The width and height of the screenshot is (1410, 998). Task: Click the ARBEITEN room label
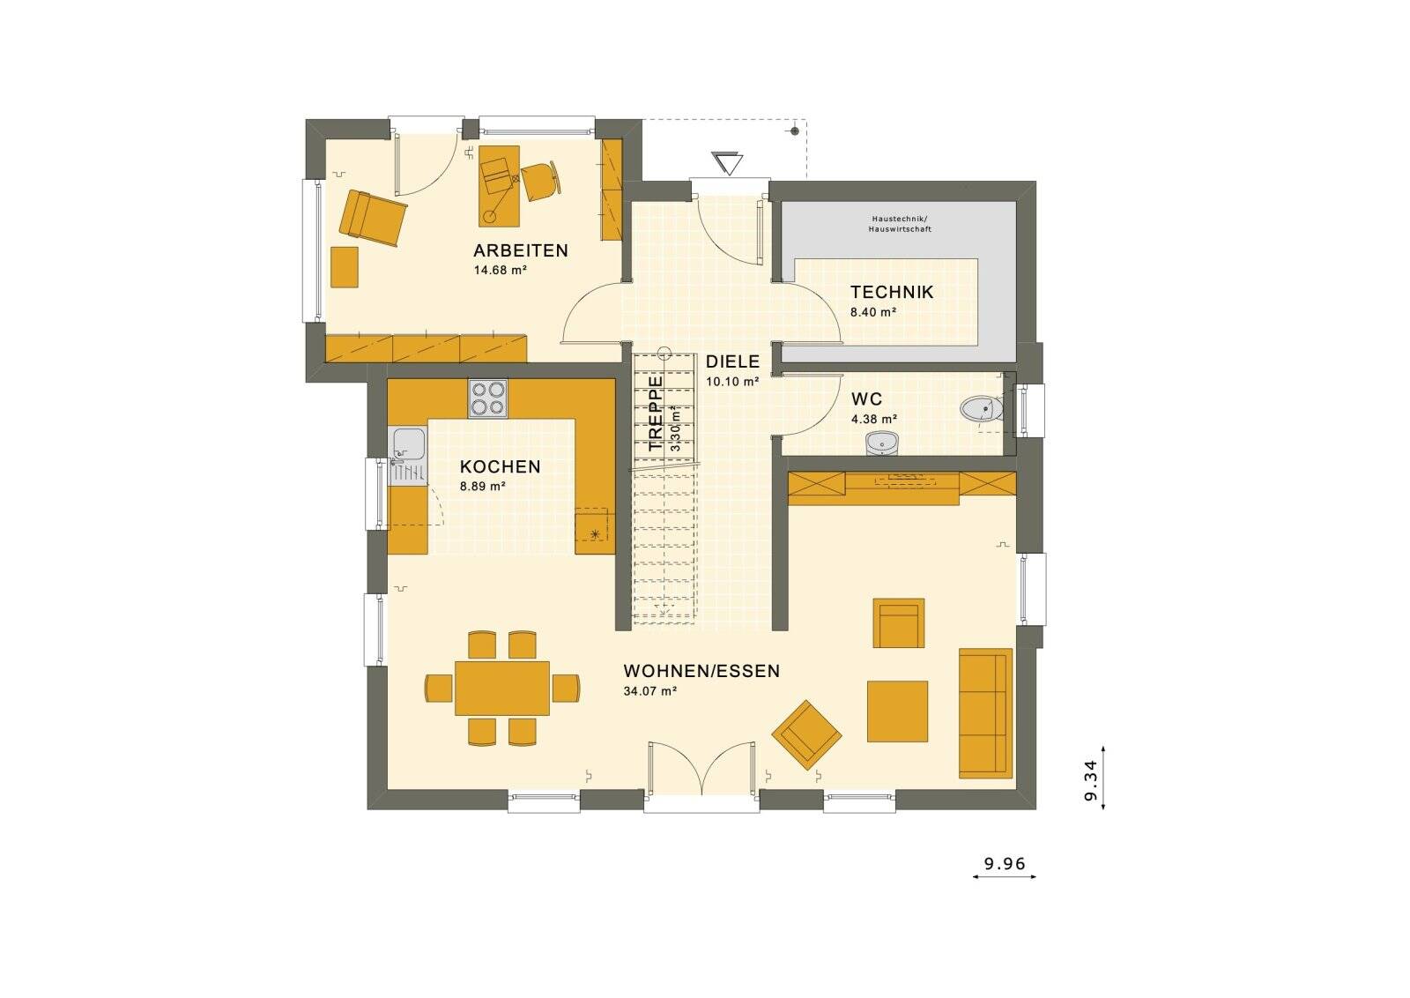coord(521,250)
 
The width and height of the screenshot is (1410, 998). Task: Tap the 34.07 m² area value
coord(649,692)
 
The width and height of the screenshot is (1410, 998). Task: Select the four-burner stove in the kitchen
coord(487,398)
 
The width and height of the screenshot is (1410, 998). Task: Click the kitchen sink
coord(407,444)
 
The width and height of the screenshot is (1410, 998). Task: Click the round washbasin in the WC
coord(881,443)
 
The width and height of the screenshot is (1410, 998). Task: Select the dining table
coord(502,688)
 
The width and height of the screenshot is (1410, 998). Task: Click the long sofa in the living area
coord(985,713)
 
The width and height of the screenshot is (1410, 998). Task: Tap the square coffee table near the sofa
coord(897,711)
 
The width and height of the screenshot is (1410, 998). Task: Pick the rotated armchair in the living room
coord(806,734)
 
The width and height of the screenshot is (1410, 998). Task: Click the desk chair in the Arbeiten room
coord(539,181)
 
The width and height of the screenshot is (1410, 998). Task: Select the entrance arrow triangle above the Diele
coord(728,164)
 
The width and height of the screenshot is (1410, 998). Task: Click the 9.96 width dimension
coord(1005,864)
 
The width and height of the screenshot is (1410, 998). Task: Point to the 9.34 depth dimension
coord(1090,779)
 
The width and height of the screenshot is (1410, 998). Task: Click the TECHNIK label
coord(891,292)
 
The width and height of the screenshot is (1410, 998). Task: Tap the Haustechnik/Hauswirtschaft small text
coord(899,223)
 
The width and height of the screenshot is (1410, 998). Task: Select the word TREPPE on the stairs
coord(656,413)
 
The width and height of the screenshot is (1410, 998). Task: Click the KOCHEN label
coord(500,467)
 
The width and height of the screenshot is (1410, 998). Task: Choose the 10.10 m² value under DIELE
coord(732,382)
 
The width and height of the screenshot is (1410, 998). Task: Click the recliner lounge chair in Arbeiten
coord(373,216)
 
